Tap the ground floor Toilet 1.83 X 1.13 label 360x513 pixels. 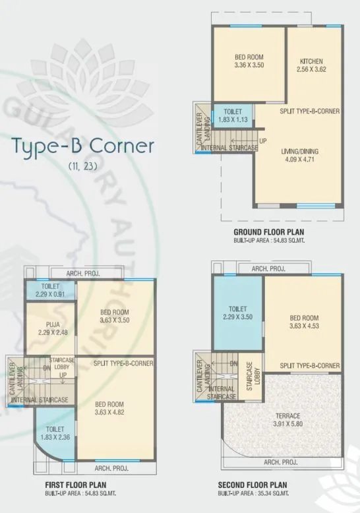coord(232,115)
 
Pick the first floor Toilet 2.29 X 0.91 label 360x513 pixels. coord(50,291)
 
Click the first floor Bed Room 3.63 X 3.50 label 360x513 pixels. coord(115,317)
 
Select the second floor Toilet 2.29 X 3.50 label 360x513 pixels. coord(237,313)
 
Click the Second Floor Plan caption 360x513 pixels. coord(256,485)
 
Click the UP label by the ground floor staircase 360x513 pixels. coord(262,142)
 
